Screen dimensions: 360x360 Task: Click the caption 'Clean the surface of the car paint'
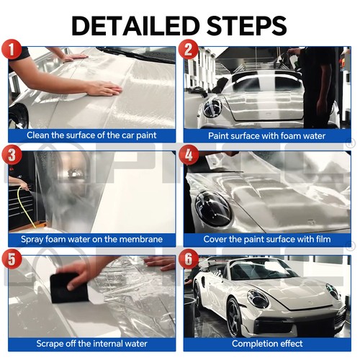click(x=91, y=135)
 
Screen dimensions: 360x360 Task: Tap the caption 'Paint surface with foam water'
click(x=267, y=135)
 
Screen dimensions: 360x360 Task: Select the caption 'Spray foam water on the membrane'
click(x=91, y=239)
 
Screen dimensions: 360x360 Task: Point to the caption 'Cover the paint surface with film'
click(x=267, y=239)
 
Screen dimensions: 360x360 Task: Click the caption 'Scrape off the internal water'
click(x=91, y=343)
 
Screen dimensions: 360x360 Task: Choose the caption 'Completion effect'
click(x=267, y=343)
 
